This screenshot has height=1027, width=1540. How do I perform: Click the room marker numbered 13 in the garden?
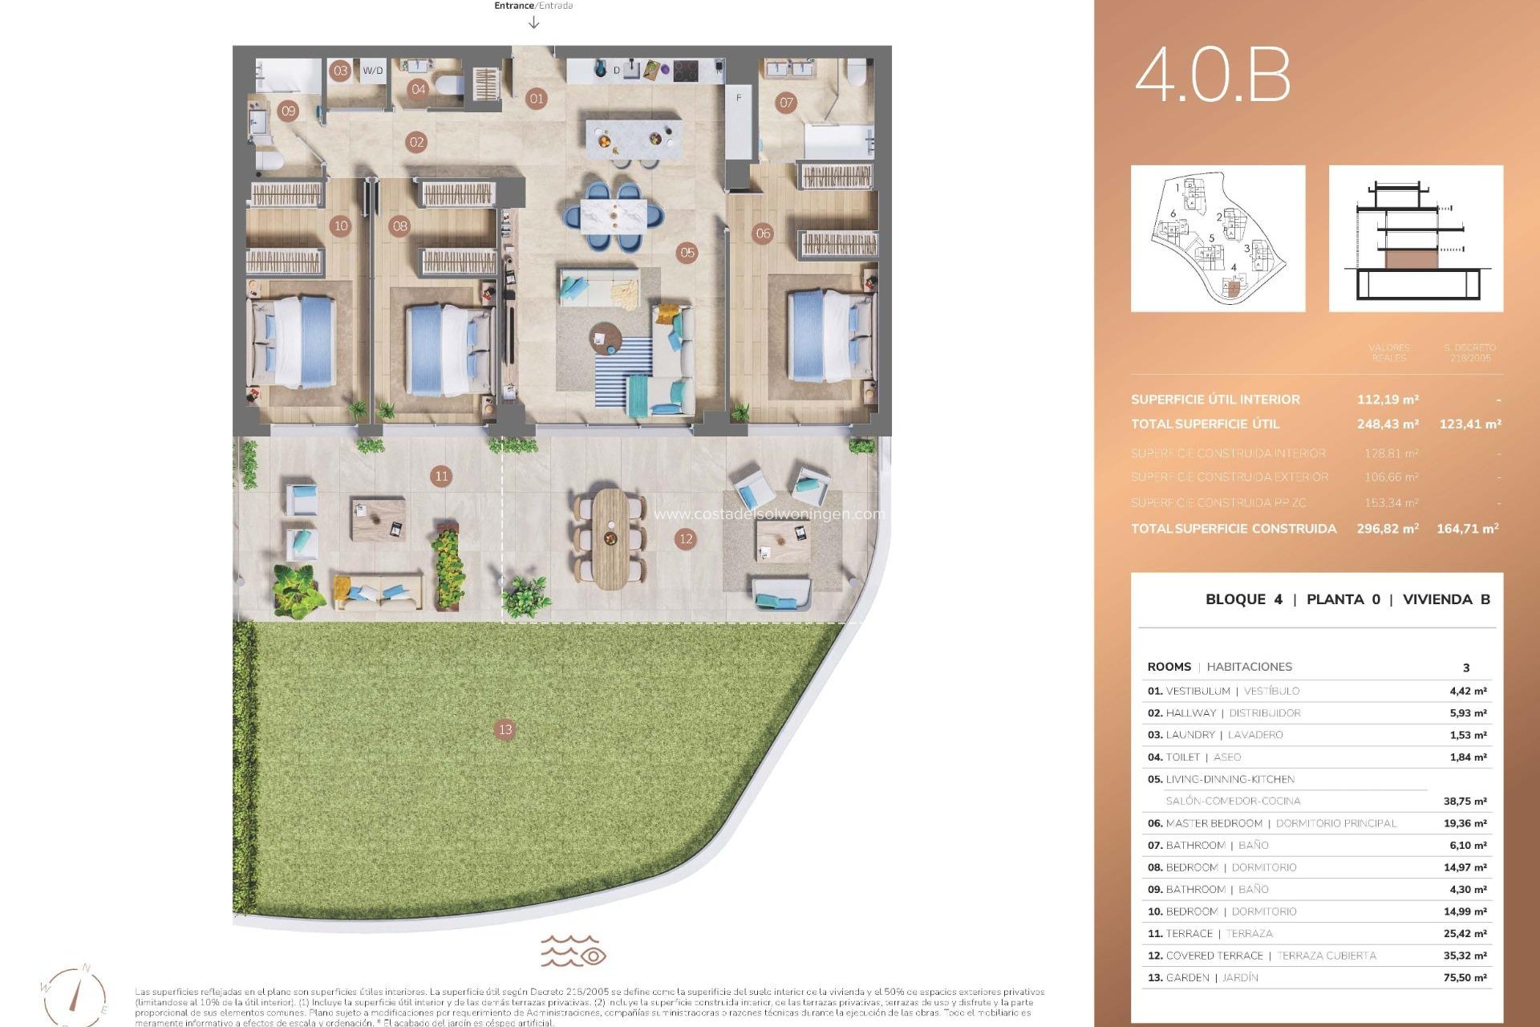pyautogui.click(x=505, y=729)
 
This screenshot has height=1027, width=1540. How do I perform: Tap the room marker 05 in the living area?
pyautogui.click(x=687, y=253)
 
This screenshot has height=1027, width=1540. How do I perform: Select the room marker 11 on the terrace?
pyautogui.click(x=441, y=476)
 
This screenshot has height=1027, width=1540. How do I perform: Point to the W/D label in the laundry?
pyautogui.click(x=373, y=71)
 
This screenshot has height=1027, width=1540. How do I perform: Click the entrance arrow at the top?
pyautogui.click(x=534, y=22)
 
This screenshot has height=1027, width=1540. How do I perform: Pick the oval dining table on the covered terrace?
pyautogui.click(x=610, y=538)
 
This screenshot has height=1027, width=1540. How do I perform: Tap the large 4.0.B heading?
pyautogui.click(x=1212, y=75)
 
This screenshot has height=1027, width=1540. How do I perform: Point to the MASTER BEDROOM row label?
pyautogui.click(x=1214, y=823)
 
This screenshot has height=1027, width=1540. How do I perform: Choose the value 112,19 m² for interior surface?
pyautogui.click(x=1388, y=400)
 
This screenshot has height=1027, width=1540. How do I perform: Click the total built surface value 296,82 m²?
pyautogui.click(x=1388, y=529)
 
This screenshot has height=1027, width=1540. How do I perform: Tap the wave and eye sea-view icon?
pyautogui.click(x=573, y=951)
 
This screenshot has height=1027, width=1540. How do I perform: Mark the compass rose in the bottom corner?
pyautogui.click(x=74, y=995)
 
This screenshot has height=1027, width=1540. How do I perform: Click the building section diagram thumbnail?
pyautogui.click(x=1416, y=238)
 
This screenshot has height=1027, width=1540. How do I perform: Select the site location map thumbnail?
pyautogui.click(x=1218, y=238)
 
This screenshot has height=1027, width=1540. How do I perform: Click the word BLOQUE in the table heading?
pyautogui.click(x=1236, y=599)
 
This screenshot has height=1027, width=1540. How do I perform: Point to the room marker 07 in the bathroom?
pyautogui.click(x=786, y=102)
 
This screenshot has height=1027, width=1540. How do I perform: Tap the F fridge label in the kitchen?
pyautogui.click(x=739, y=98)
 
